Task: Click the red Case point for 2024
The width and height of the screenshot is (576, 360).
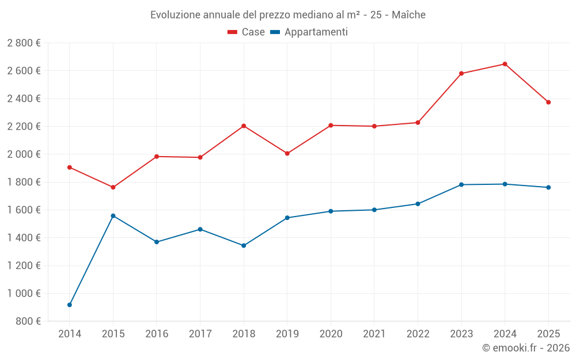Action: click(505, 64)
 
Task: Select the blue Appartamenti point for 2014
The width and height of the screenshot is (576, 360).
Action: click(70, 305)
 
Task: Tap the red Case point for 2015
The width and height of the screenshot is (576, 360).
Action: click(113, 187)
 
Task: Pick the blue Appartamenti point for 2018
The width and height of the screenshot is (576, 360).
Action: click(244, 245)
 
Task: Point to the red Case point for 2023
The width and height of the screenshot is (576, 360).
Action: click(461, 74)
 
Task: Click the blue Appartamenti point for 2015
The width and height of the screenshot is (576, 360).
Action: click(113, 216)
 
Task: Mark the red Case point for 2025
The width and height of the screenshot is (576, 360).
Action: click(548, 103)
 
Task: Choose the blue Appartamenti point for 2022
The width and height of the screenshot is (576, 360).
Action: click(418, 204)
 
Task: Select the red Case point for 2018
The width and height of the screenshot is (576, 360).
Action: click(244, 126)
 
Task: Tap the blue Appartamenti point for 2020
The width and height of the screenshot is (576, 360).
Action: click(331, 211)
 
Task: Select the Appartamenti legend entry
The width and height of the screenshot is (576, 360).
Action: click(309, 32)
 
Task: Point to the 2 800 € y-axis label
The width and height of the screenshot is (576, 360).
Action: click(24, 43)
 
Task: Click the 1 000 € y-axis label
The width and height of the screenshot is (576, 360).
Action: click(24, 293)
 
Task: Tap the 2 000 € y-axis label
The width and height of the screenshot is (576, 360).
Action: click(24, 154)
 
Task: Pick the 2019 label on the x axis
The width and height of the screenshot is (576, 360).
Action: click(287, 334)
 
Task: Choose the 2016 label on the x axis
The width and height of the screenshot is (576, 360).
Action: click(157, 334)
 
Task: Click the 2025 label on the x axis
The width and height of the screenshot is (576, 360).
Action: click(548, 334)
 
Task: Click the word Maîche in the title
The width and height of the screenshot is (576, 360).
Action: click(408, 15)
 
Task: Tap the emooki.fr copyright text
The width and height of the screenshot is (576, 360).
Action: click(526, 348)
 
